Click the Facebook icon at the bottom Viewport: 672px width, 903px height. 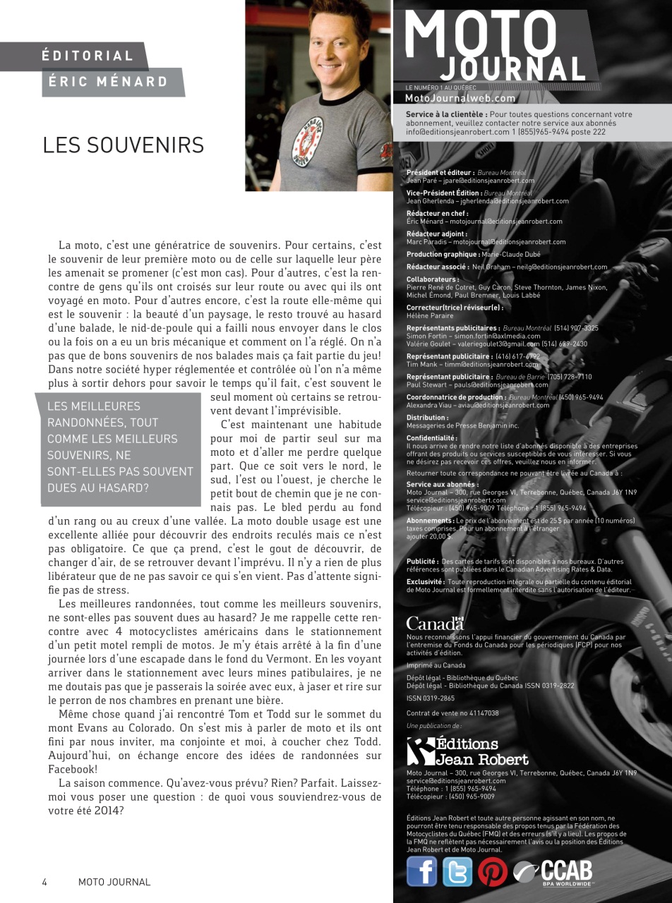point(421,871)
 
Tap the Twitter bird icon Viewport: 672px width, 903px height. point(457,871)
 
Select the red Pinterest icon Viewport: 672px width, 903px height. point(493,872)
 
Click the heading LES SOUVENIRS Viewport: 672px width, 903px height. point(123,145)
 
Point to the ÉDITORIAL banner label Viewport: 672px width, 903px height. point(88,56)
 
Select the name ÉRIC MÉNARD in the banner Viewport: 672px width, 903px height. point(108,82)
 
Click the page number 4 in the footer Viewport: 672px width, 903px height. point(44,882)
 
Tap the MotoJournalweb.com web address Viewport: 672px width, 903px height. point(460,99)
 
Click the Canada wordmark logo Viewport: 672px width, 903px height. point(435,623)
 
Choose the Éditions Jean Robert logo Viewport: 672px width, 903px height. point(467,751)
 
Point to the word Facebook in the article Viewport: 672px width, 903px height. point(73,769)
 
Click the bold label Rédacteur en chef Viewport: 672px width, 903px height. point(437,213)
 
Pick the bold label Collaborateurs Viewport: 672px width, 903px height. point(433,279)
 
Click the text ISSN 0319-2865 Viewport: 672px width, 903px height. point(431,698)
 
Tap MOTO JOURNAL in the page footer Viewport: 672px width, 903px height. point(114,882)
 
